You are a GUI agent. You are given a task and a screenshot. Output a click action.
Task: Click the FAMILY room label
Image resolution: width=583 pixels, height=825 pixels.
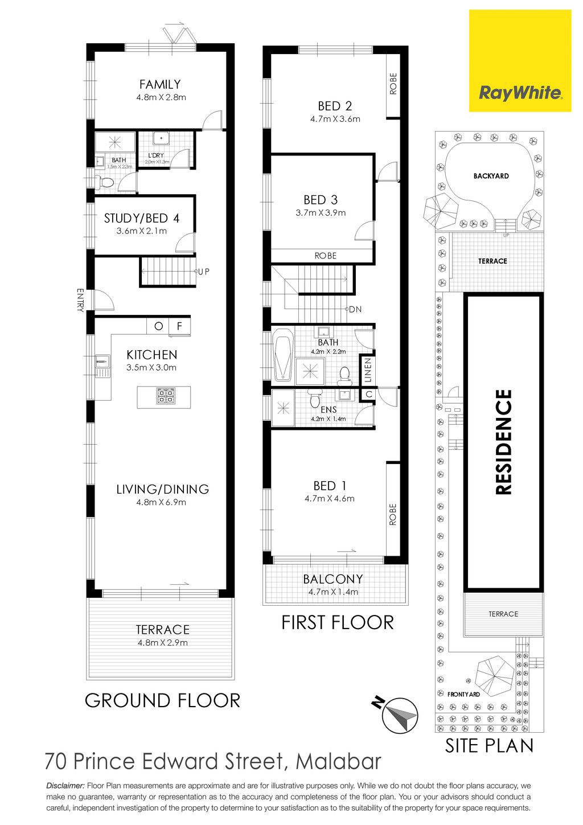click(x=160, y=84)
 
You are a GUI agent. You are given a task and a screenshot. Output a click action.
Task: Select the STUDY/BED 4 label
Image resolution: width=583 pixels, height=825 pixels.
click(x=142, y=218)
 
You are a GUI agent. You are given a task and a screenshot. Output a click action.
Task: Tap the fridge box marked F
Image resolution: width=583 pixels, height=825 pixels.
click(x=179, y=326)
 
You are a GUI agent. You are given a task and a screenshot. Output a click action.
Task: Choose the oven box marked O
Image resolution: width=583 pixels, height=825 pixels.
click(x=158, y=326)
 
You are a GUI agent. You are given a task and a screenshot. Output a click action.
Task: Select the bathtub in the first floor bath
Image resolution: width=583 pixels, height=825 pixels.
click(x=284, y=354)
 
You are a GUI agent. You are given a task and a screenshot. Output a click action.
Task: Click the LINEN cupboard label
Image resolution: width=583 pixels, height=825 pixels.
click(x=368, y=370)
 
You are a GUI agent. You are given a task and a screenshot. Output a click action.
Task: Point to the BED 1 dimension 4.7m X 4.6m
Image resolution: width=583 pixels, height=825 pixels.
click(x=330, y=499)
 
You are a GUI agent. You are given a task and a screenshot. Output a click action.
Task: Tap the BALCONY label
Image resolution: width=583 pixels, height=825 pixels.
click(x=333, y=579)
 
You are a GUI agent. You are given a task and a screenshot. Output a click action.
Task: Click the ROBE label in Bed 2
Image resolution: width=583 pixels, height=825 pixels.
click(x=393, y=84)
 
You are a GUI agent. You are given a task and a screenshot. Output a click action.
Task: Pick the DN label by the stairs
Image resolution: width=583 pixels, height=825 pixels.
click(x=355, y=309)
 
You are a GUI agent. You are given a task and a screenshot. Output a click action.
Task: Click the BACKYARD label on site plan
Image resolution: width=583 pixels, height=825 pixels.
click(x=491, y=176)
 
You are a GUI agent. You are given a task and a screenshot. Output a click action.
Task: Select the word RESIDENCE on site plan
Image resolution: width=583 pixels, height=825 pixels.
click(x=504, y=442)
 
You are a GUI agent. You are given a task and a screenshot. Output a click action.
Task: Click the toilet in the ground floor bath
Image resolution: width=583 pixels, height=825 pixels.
click(x=106, y=182)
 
